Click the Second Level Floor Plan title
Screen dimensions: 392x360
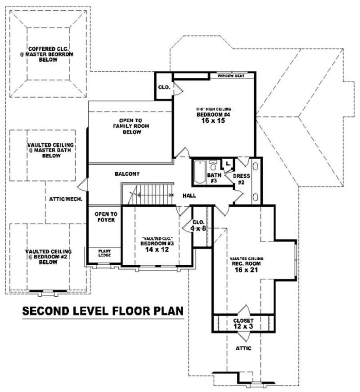103,311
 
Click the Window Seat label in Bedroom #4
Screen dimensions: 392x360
231,76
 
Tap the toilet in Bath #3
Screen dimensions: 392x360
215,164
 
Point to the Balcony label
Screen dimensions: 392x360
127,174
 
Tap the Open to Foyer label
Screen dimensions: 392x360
105,217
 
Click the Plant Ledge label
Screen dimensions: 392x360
104,253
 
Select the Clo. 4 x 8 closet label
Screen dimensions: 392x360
198,225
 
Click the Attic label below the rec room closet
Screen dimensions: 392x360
243,348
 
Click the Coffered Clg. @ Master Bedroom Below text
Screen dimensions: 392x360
48,54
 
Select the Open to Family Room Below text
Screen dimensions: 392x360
130,126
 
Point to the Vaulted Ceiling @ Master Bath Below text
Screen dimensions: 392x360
50,150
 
